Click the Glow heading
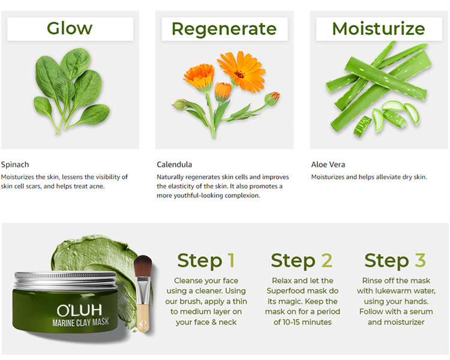tap(70, 28)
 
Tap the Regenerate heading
tap(224, 28)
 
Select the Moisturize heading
tap(379, 28)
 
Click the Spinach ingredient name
tap(15, 164)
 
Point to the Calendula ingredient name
tap(175, 164)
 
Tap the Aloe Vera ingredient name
tap(328, 164)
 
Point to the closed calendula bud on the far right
tap(272, 98)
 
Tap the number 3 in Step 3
tap(420, 260)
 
